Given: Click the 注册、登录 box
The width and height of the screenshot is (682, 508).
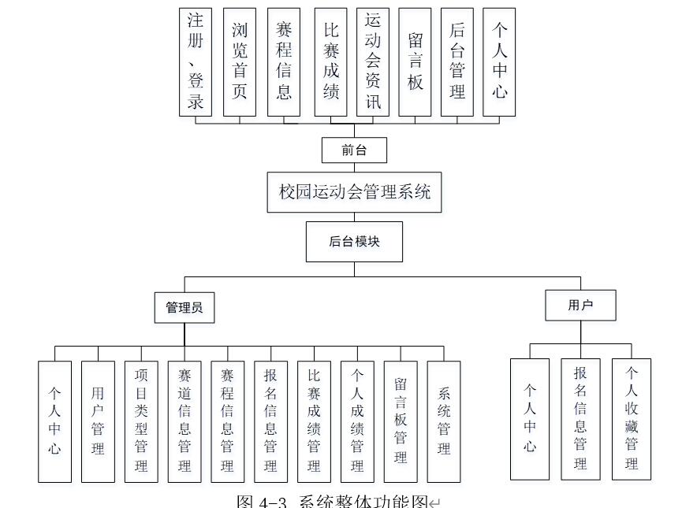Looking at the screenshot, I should pyautogui.click(x=196, y=62).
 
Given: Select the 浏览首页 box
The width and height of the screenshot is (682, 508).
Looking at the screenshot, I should pyautogui.click(x=240, y=62).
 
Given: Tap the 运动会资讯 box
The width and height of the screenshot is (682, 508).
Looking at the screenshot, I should pyautogui.click(x=373, y=62).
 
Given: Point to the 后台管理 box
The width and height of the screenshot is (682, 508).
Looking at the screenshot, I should pyautogui.click(x=457, y=62).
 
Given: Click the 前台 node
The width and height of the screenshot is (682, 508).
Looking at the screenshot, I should pyautogui.click(x=354, y=150).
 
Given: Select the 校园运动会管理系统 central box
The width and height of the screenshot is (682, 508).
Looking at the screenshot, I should pyautogui.click(x=355, y=192).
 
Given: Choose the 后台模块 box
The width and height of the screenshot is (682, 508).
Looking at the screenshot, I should pyautogui.click(x=354, y=242).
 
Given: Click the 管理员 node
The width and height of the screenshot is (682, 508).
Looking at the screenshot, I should pyautogui.click(x=184, y=308).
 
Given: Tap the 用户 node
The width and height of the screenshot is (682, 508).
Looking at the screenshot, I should pyautogui.click(x=580, y=306).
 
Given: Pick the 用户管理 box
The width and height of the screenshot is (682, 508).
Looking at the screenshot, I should pyautogui.click(x=98, y=421).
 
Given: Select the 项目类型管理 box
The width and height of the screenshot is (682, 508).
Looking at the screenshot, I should pyautogui.click(x=141, y=421).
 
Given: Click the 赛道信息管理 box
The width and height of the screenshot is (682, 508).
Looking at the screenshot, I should pyautogui.click(x=184, y=421).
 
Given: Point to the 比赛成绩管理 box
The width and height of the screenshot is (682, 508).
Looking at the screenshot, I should pyautogui.click(x=314, y=421).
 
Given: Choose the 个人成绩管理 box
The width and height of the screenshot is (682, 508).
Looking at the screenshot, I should pyautogui.click(x=357, y=421).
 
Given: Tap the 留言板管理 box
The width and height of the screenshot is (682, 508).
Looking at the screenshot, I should pyautogui.click(x=401, y=421).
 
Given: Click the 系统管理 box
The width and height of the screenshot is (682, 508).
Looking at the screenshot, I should pyautogui.click(x=444, y=421).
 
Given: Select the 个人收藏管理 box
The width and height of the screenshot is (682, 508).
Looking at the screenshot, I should pyautogui.click(x=632, y=419).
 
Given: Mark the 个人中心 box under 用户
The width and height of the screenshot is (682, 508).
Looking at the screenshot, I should pyautogui.click(x=530, y=419).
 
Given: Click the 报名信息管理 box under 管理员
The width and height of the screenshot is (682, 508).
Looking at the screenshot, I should pyautogui.click(x=270, y=421).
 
